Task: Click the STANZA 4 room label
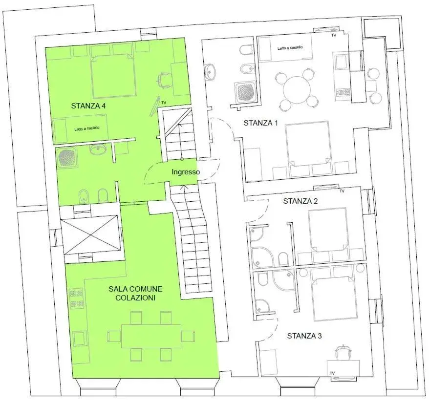88,106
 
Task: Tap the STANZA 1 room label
261,123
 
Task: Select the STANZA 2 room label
300,201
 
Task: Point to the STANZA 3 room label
304,336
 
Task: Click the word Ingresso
186,172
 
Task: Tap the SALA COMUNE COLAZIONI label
135,293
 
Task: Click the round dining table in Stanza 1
297,90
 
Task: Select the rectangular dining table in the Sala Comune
151,336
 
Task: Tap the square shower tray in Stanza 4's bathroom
66,158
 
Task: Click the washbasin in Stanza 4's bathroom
98,149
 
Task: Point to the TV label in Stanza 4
164,103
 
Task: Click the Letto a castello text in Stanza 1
290,47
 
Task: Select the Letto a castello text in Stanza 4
87,128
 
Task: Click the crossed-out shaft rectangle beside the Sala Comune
90,235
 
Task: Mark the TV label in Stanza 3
332,373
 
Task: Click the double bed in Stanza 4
113,76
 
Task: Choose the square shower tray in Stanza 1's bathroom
245,92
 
